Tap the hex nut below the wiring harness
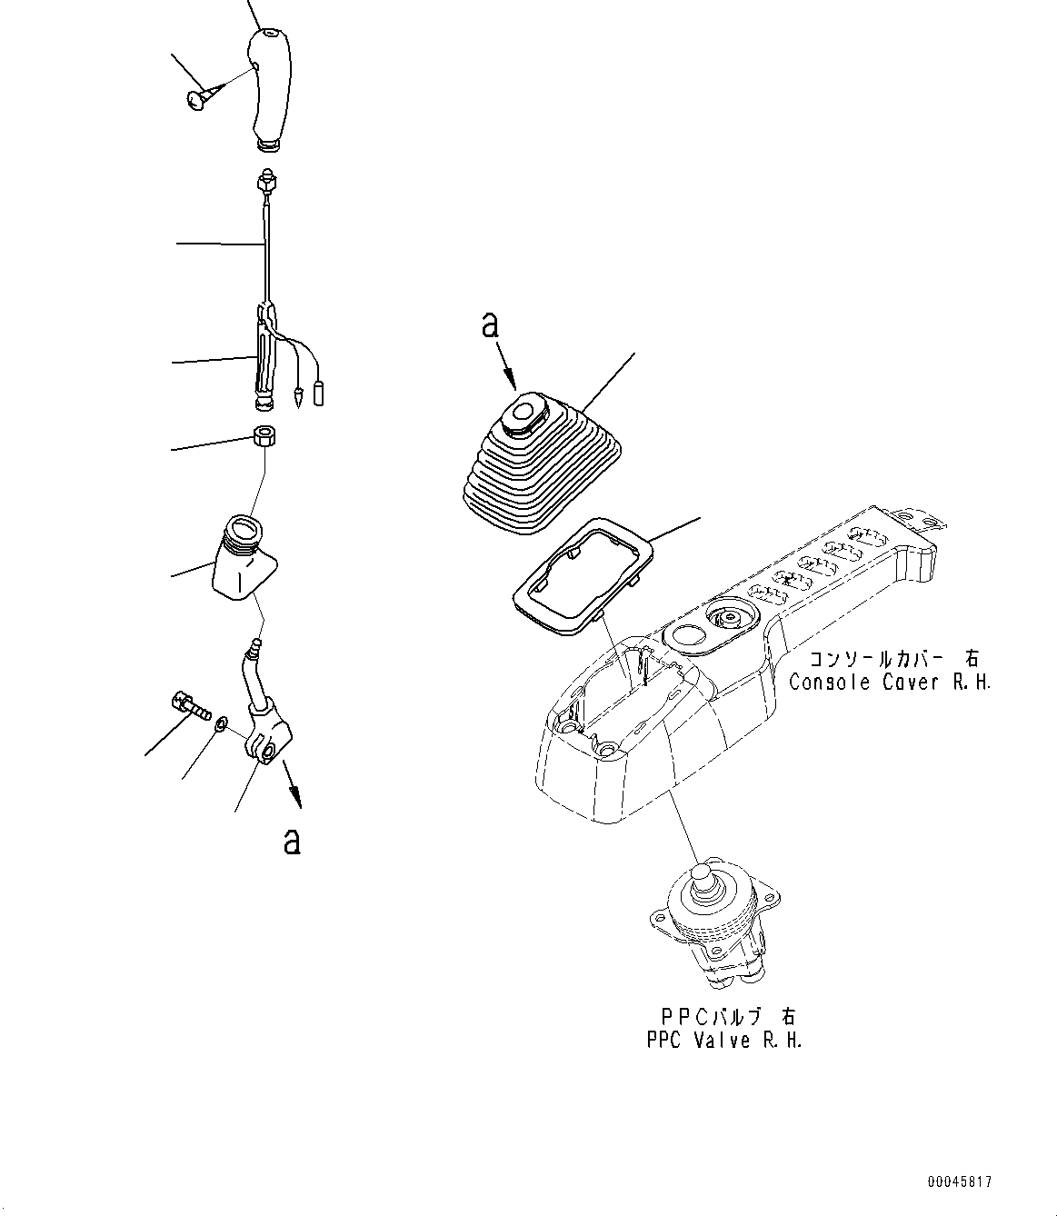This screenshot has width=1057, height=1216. click(264, 437)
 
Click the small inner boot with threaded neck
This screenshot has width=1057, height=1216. click(239, 557)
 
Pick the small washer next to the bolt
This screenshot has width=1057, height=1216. click(220, 724)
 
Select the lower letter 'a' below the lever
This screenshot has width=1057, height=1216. click(291, 841)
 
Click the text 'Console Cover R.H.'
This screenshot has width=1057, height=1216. click(890, 682)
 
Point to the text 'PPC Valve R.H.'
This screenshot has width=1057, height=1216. click(724, 1041)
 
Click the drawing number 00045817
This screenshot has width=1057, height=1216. click(960, 1182)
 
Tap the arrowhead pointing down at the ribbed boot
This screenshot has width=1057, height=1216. click(513, 383)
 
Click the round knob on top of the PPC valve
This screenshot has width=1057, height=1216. click(702, 875)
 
